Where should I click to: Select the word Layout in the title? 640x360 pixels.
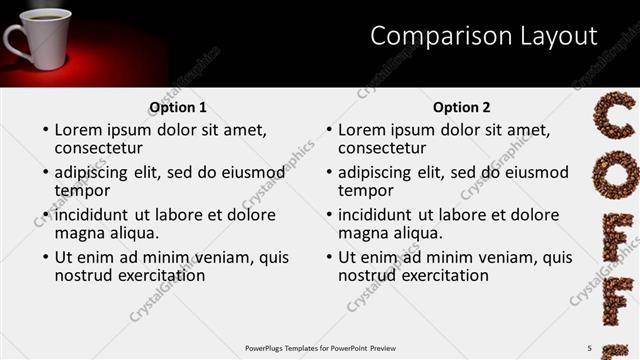pyautogui.click(x=551, y=37)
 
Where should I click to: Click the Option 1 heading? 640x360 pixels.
pyautogui.click(x=178, y=107)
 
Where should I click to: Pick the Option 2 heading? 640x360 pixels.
pyautogui.click(x=462, y=107)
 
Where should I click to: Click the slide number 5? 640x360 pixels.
pyautogui.click(x=589, y=347)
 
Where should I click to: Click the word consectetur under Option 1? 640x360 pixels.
pyautogui.click(x=99, y=148)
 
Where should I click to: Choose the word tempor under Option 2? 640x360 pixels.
pyautogui.click(x=366, y=190)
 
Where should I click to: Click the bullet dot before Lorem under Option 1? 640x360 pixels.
pyautogui.click(x=45, y=131)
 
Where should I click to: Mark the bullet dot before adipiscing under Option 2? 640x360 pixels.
pyautogui.click(x=328, y=173)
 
